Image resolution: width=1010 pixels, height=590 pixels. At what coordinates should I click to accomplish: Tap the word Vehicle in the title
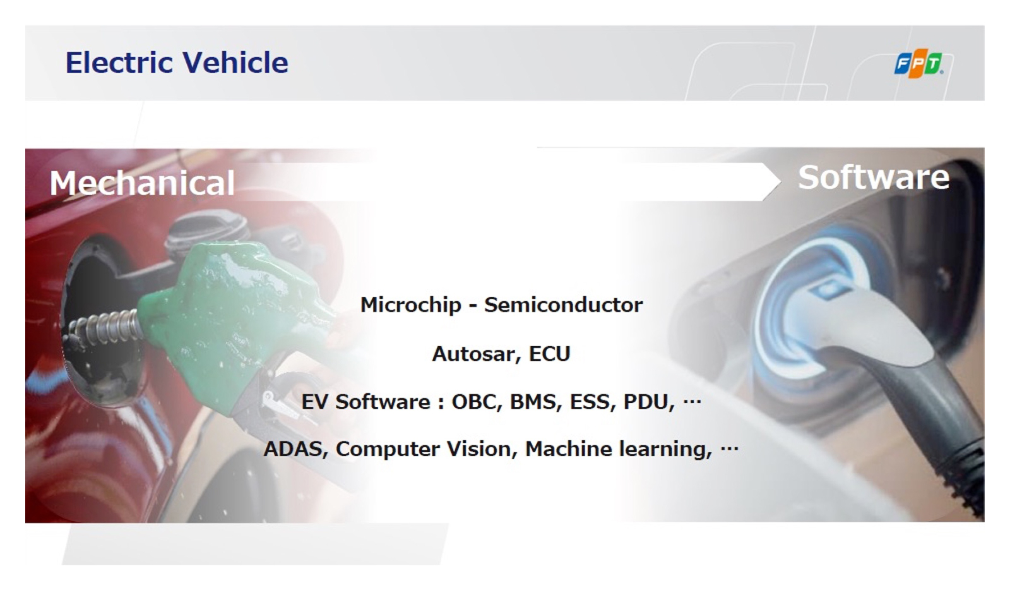(235, 63)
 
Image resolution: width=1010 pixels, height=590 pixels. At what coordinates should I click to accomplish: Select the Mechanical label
(142, 183)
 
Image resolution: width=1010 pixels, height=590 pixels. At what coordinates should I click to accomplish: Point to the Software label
(874, 178)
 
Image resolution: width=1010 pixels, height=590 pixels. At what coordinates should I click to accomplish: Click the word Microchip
(411, 306)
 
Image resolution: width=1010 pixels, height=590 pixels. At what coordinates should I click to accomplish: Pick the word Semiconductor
(563, 305)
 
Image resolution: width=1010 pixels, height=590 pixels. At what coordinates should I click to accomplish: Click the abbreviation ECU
(550, 354)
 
